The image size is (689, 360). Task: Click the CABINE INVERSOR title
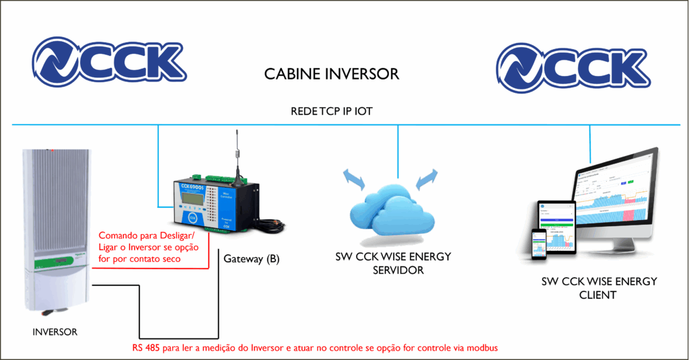pos(332,73)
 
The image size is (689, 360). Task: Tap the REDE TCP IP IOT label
pos(332,112)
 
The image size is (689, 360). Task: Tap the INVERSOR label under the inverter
pos(55,332)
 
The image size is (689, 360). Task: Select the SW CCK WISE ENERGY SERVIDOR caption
pos(393,263)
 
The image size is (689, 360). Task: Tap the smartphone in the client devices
pos(538,243)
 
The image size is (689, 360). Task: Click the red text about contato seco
pos(148,247)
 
